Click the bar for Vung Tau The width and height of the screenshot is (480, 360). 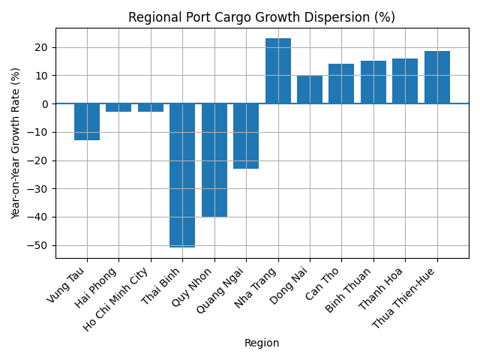pyautogui.click(x=87, y=121)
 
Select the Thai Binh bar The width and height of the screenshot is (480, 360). pyautogui.click(x=182, y=175)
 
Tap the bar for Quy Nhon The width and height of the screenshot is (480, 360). pyautogui.click(x=214, y=160)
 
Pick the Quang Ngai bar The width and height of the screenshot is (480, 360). pyautogui.click(x=246, y=136)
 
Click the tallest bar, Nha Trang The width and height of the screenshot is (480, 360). pyautogui.click(x=278, y=71)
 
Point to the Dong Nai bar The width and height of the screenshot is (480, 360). pyautogui.click(x=310, y=89)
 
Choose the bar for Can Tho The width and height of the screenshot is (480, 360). pyautogui.click(x=341, y=84)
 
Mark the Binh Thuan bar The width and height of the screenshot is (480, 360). pyautogui.click(x=373, y=82)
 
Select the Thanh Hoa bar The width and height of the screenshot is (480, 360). pyautogui.click(x=405, y=81)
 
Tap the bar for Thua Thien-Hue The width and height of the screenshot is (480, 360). pyautogui.click(x=437, y=77)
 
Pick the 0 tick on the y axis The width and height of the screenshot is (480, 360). pyautogui.click(x=46, y=103)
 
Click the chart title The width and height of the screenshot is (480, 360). pyautogui.click(x=262, y=17)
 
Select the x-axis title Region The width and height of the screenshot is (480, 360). pyautogui.click(x=262, y=343)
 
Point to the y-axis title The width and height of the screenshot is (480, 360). pyautogui.click(x=16, y=143)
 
